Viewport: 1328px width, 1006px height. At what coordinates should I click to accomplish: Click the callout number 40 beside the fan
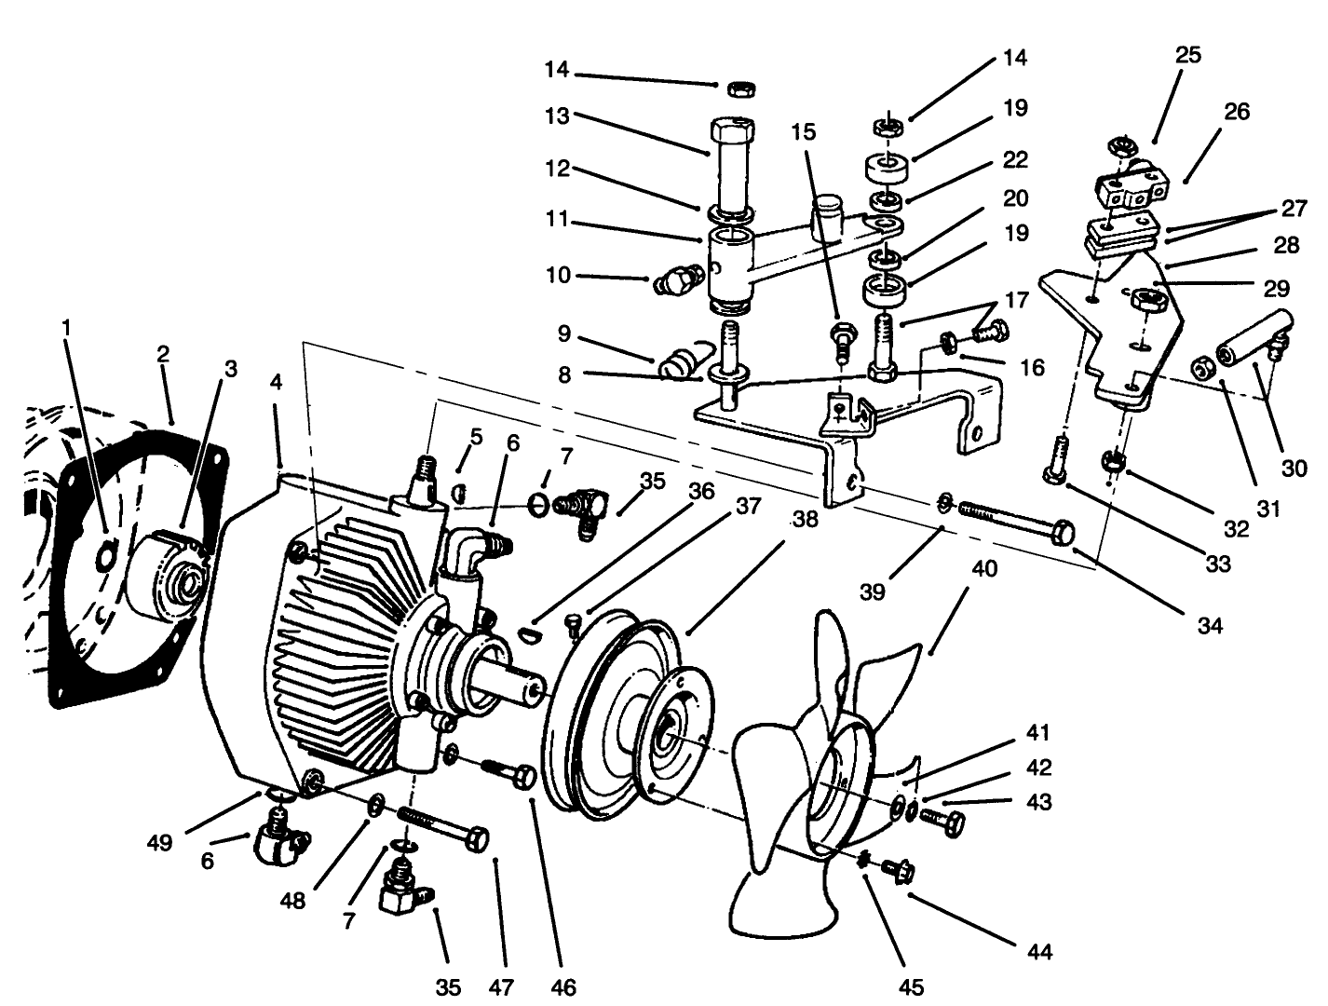(x=983, y=567)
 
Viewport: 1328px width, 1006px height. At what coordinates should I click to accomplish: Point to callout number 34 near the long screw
(x=1209, y=626)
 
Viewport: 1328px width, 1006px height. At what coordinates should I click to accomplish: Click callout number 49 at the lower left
(x=159, y=843)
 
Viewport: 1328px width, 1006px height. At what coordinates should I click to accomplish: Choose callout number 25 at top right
(x=1187, y=55)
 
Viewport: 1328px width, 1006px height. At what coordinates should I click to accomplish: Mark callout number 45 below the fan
(x=912, y=984)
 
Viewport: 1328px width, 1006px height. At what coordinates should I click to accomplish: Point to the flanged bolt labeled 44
(x=900, y=871)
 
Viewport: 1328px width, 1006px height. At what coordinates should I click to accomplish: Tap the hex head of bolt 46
(x=523, y=777)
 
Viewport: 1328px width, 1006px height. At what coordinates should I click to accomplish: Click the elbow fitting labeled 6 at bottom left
(x=275, y=834)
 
